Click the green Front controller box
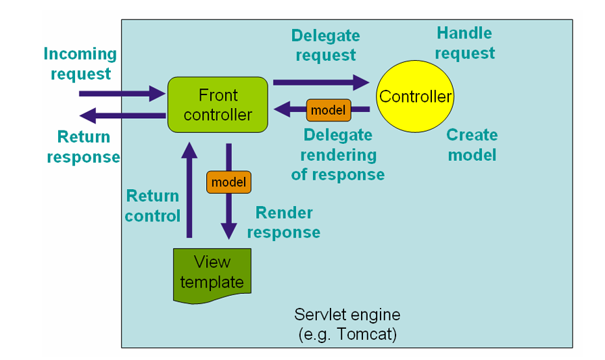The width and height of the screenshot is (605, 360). (x=218, y=105)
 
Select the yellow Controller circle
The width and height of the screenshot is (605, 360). (x=415, y=97)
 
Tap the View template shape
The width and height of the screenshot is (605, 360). (x=212, y=275)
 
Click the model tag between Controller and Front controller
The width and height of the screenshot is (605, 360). (x=329, y=110)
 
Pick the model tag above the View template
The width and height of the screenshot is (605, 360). (x=228, y=182)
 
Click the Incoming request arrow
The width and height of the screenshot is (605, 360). (x=122, y=94)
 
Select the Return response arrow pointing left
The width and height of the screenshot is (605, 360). (x=122, y=115)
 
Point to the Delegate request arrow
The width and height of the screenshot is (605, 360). (x=321, y=82)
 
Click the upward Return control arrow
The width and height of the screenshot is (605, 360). (x=189, y=190)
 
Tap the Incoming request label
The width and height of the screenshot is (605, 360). (x=80, y=63)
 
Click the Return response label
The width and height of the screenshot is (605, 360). (x=83, y=147)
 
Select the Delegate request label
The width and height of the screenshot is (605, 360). (x=326, y=45)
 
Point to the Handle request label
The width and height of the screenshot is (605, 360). (x=464, y=43)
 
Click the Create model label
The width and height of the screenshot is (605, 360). (x=472, y=145)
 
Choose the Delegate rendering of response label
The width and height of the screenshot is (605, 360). (x=338, y=155)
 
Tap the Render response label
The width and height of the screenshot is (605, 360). (x=284, y=222)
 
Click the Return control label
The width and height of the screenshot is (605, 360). (x=152, y=206)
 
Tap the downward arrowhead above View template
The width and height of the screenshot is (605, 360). (x=228, y=231)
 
